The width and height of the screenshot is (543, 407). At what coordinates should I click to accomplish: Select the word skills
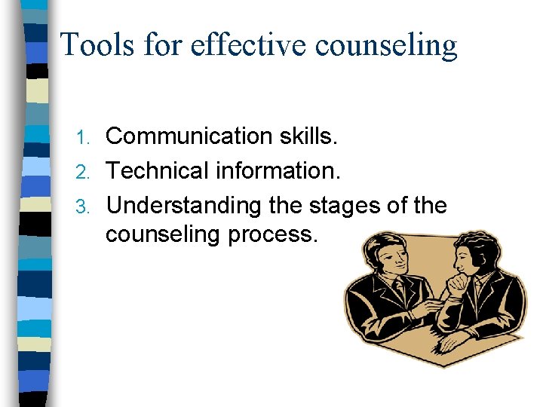(314, 136)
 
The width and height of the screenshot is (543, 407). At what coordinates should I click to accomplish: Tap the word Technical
(158, 170)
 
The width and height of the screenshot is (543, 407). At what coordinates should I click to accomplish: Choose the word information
(278, 170)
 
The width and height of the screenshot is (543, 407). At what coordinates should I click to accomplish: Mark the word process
(281, 234)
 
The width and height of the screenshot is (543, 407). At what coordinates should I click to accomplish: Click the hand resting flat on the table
(456, 339)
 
